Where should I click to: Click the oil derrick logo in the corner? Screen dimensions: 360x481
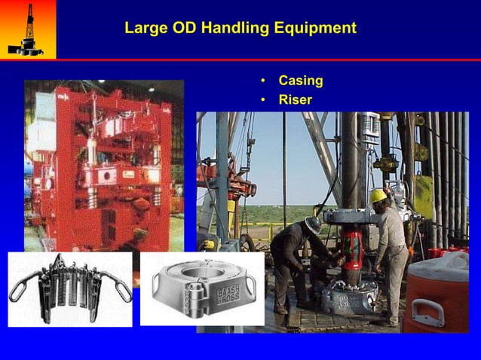click(27, 29)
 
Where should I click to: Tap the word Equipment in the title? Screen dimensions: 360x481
click(315, 29)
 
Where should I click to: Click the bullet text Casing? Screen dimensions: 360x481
click(301, 81)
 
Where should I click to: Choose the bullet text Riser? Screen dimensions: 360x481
click(296, 99)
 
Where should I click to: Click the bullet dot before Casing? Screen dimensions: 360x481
click(262, 81)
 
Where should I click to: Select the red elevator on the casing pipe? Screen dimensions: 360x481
click(352, 246)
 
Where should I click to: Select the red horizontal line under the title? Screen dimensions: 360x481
click(268, 59)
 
